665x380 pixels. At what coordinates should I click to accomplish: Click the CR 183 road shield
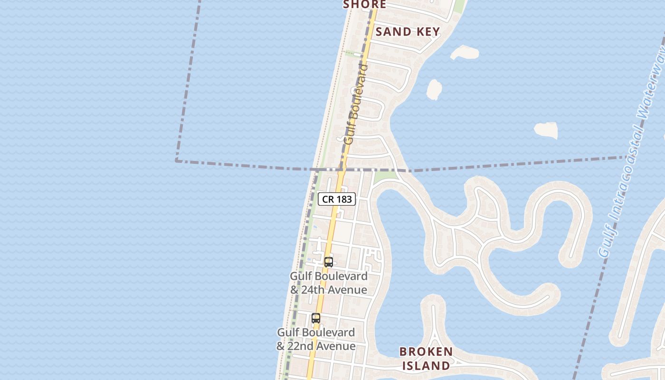click(x=337, y=199)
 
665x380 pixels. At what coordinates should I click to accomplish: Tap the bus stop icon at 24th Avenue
click(x=328, y=262)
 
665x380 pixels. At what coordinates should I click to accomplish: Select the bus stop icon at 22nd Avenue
click(x=316, y=318)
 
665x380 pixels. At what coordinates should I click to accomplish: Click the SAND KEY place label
click(x=408, y=32)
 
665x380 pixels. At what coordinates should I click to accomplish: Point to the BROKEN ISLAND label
click(x=426, y=359)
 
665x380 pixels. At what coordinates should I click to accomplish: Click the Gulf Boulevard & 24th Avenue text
click(x=329, y=283)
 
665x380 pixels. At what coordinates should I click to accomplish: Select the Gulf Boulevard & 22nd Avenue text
click(x=316, y=339)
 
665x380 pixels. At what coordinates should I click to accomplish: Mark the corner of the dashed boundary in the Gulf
click(x=177, y=161)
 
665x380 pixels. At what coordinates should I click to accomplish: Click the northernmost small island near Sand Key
click(x=464, y=52)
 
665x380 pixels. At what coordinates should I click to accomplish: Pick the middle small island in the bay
click(x=434, y=89)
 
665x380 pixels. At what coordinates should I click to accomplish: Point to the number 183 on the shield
click(x=344, y=199)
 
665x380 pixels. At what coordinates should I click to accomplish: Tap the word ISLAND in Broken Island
click(x=426, y=365)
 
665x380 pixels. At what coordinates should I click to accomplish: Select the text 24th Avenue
click(x=334, y=290)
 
